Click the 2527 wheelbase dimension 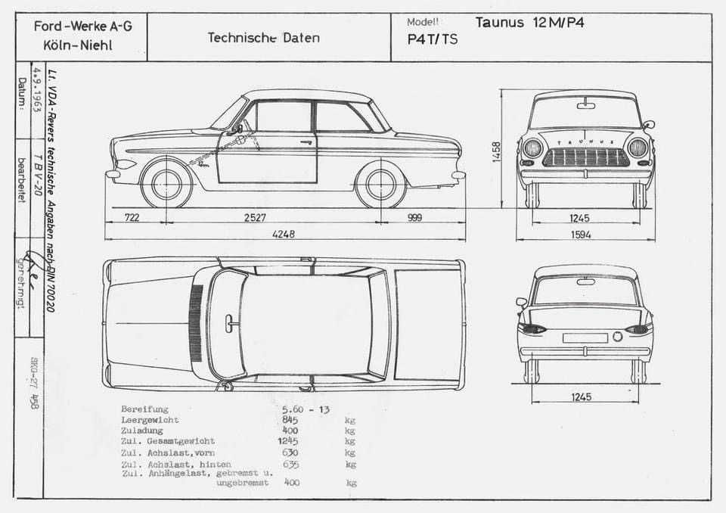255,218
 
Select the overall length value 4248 284,235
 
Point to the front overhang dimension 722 132,218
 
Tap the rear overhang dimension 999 414,218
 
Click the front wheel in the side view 167,184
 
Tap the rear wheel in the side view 380,184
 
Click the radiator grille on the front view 586,157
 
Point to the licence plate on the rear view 585,337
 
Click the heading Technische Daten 263,38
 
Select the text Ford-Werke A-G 83,26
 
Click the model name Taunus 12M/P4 529,22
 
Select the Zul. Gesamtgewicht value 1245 288,440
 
